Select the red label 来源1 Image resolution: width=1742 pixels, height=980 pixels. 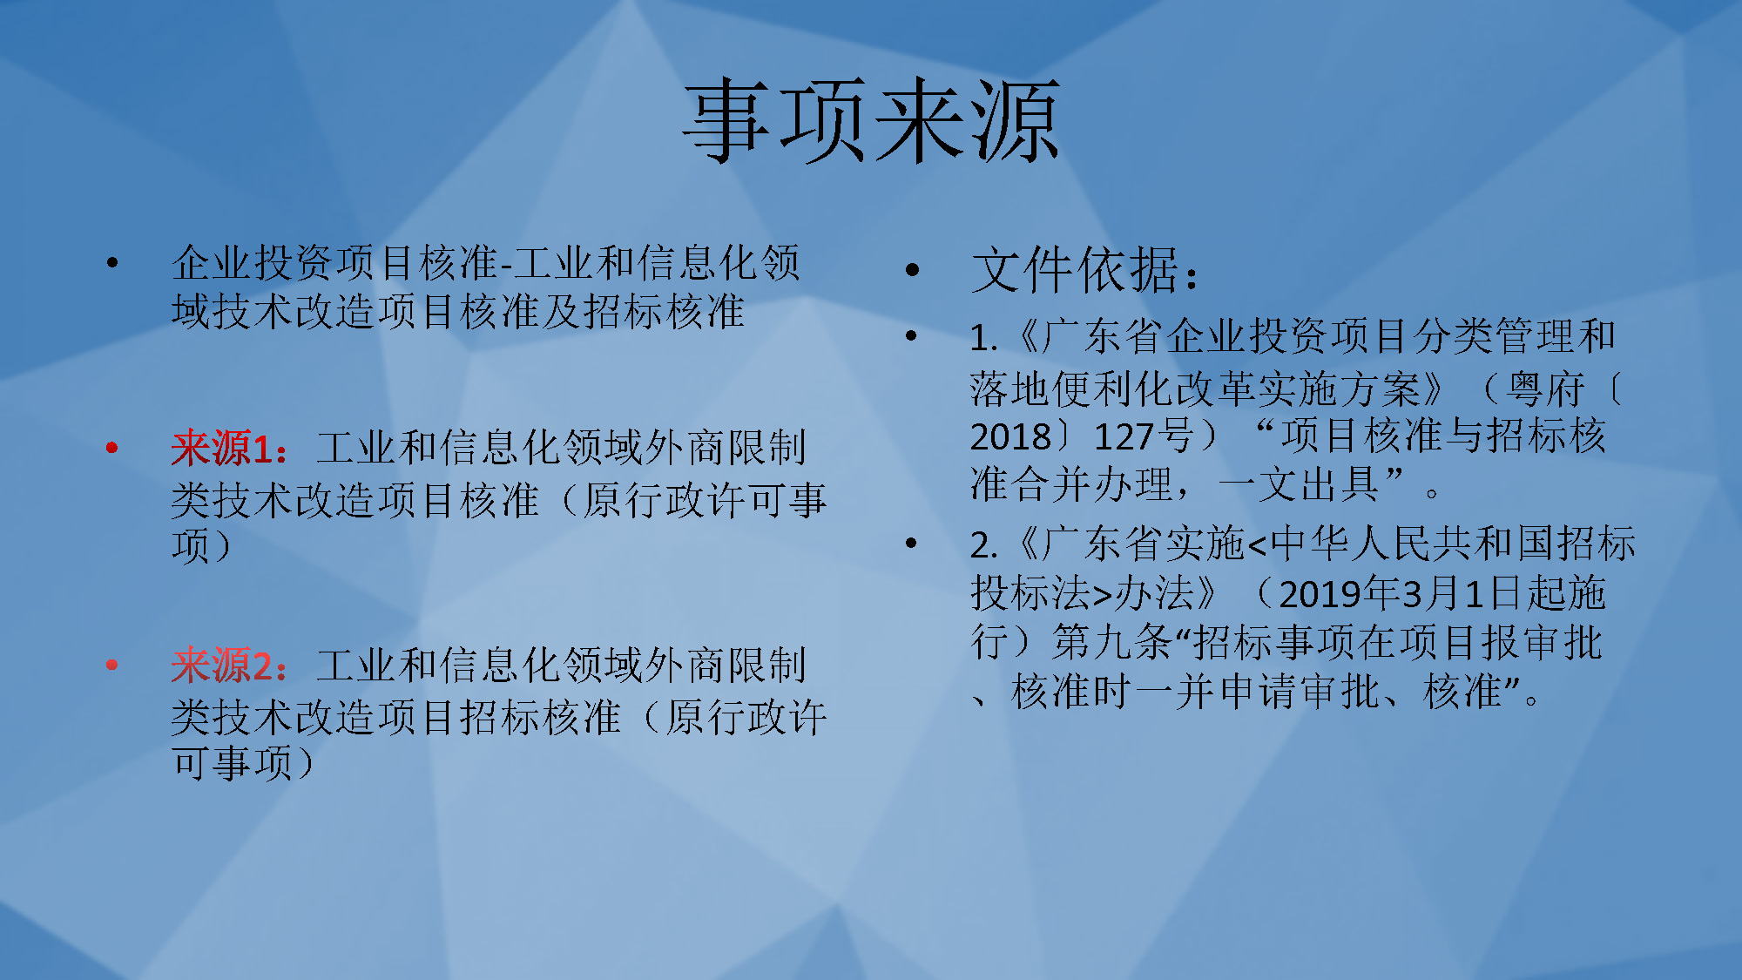tap(222, 448)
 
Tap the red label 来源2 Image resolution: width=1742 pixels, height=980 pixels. tap(223, 666)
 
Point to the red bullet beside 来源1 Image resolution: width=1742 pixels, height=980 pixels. tap(111, 448)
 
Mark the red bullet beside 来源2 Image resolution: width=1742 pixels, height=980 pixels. tap(111, 666)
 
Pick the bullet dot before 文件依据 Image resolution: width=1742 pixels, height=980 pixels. tap(912, 270)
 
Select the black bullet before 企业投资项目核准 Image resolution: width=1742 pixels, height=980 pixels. tap(111, 262)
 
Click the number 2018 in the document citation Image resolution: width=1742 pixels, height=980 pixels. tap(1010, 436)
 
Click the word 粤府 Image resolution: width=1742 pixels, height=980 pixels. tap(1545, 388)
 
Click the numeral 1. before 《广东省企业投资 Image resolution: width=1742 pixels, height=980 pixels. tap(984, 338)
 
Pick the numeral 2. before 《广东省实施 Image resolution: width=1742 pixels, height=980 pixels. tap(984, 545)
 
